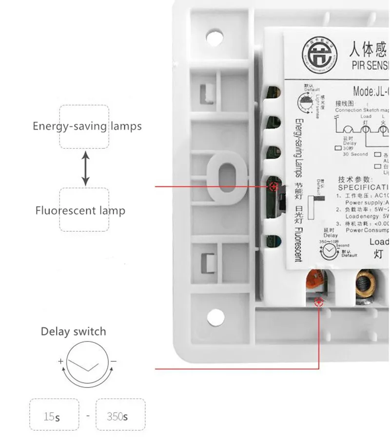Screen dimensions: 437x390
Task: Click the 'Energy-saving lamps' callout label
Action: click(x=87, y=127)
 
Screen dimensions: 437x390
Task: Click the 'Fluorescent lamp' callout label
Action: click(x=80, y=211)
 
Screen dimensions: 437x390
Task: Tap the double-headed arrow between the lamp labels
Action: click(x=85, y=169)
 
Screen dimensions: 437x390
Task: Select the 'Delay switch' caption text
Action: click(x=73, y=332)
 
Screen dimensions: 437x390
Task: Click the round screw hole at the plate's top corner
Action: click(x=212, y=36)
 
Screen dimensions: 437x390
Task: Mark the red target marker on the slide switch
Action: click(x=273, y=186)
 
